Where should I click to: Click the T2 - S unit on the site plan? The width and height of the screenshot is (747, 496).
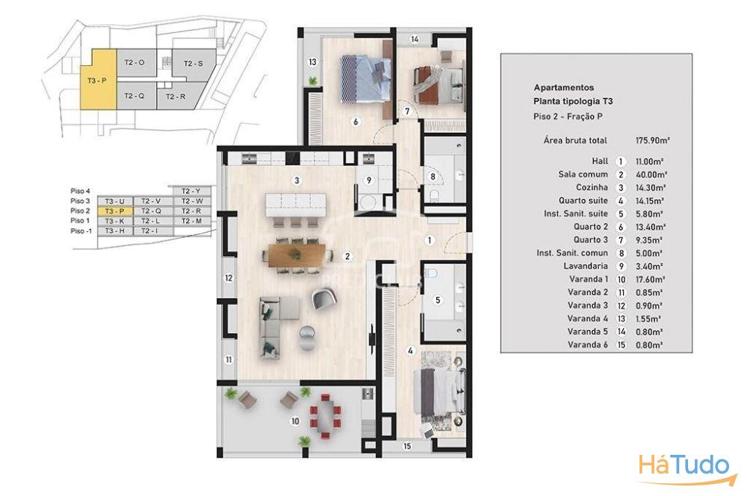click(193, 63)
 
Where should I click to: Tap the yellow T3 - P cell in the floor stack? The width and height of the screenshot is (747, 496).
click(114, 211)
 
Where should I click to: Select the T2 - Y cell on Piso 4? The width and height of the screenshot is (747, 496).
click(191, 191)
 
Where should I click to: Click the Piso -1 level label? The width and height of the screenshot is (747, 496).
click(81, 231)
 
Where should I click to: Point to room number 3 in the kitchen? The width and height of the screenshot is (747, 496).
click(297, 180)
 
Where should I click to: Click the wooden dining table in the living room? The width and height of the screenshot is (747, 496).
click(297, 255)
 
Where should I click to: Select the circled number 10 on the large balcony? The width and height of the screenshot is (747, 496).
click(295, 421)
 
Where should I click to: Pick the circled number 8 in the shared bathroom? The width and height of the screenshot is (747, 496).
click(433, 177)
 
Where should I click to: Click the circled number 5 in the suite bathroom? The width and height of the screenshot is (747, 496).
click(438, 300)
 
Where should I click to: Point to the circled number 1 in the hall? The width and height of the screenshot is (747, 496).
click(430, 240)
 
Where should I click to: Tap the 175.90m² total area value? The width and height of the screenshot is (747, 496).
click(652, 140)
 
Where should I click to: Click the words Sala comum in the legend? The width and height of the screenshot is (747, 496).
click(583, 174)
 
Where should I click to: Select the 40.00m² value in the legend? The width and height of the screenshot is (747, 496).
click(651, 174)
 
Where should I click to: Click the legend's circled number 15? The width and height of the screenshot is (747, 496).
click(621, 345)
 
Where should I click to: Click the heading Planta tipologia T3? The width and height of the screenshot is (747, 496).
click(573, 101)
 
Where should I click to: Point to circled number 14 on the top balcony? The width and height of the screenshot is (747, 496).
click(415, 39)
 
